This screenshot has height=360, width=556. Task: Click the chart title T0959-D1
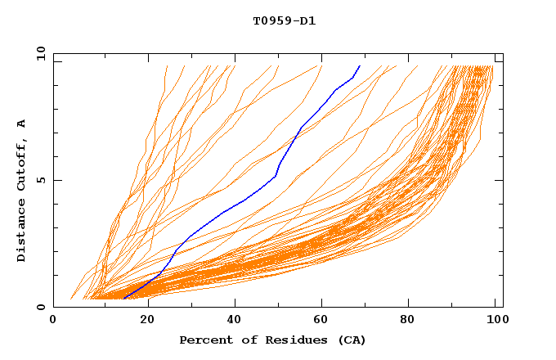[x=284, y=21]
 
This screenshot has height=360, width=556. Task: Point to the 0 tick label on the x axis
[x=53, y=321]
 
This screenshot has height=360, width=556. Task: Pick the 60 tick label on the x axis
[x=323, y=321]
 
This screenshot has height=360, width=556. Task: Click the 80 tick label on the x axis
[x=413, y=321]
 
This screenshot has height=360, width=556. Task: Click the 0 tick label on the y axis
[x=41, y=308]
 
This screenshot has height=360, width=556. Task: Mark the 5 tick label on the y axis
[x=41, y=180]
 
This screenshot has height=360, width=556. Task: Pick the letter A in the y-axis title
[x=22, y=124]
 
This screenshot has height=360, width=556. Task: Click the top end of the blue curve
[x=360, y=65]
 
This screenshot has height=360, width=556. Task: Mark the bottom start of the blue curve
[x=123, y=299]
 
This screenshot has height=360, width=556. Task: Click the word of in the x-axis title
[x=240, y=340]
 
